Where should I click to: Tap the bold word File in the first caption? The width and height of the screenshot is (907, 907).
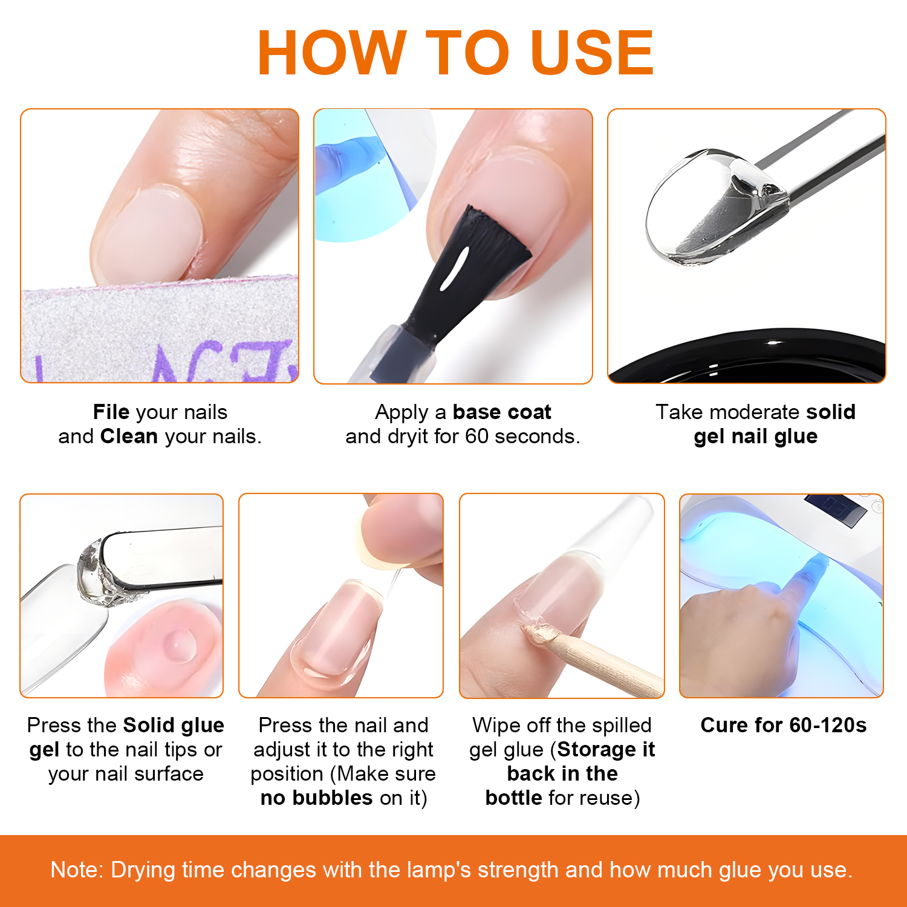point(111,412)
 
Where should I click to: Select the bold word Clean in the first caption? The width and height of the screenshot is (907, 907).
point(129,437)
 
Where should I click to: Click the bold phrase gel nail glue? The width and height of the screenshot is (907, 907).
point(755,437)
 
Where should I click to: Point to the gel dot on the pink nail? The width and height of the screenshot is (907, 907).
point(179,645)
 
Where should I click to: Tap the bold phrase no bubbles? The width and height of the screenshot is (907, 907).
point(316,798)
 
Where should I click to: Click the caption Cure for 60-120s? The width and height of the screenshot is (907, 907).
point(783,725)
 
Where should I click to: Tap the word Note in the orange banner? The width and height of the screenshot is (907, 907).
point(77,870)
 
